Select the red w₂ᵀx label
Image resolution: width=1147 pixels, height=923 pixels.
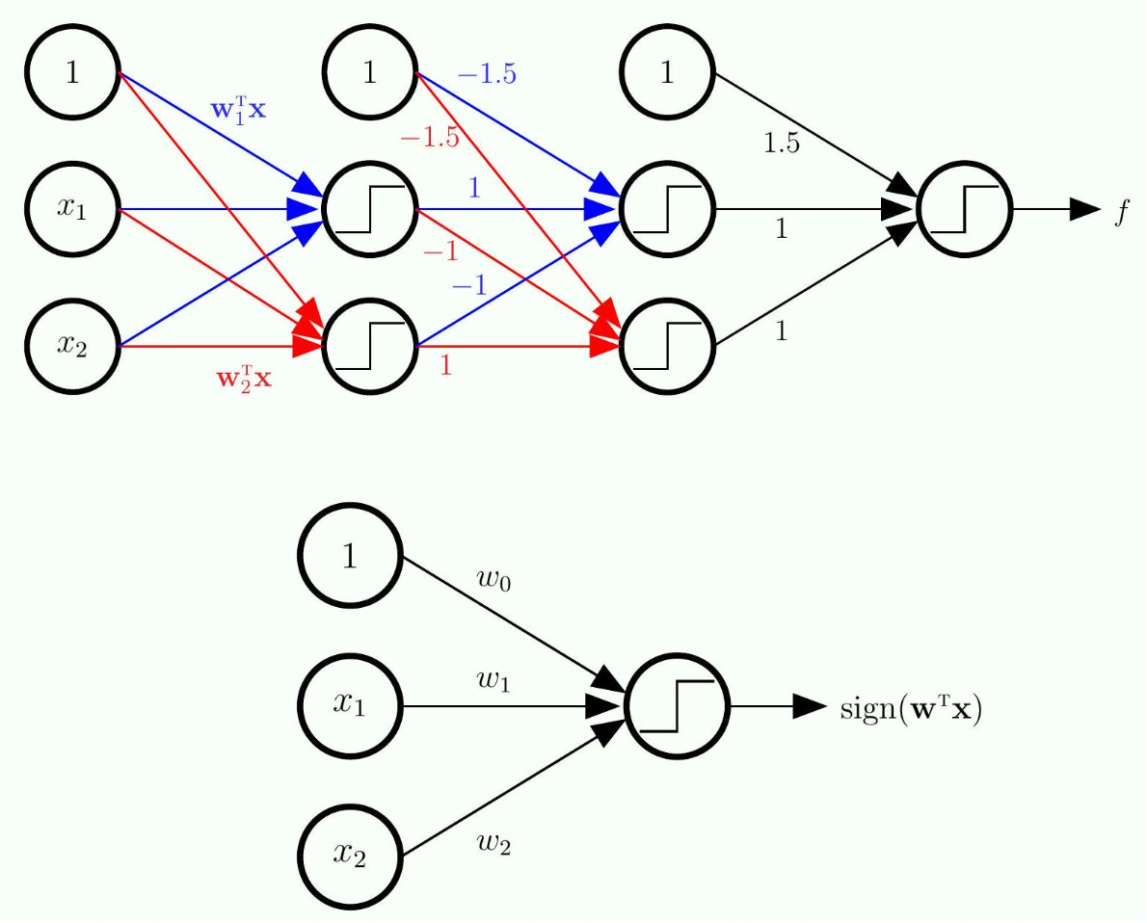[x=243, y=377]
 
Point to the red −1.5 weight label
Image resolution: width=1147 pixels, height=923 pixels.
[x=430, y=138]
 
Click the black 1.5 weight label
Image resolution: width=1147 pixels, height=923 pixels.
[x=781, y=144]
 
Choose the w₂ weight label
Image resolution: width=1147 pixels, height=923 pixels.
[x=493, y=844]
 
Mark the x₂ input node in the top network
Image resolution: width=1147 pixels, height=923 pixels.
[x=72, y=345]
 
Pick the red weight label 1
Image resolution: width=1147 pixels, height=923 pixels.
[x=445, y=366]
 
